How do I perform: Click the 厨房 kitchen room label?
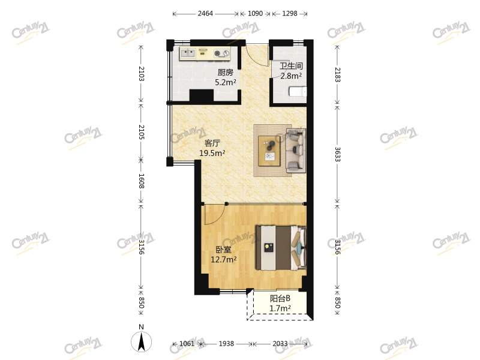[226, 73]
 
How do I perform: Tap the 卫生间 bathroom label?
[291, 66]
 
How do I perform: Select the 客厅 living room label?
[212, 143]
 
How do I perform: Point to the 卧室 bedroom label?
[223, 250]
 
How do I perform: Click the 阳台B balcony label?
[280, 298]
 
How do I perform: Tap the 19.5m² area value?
[212, 153]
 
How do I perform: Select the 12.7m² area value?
[223, 260]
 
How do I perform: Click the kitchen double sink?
[188, 53]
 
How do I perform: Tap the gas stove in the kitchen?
[222, 53]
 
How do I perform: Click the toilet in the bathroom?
[298, 92]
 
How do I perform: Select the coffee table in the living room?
[269, 151]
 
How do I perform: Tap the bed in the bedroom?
[281, 248]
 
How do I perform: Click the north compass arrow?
[142, 341]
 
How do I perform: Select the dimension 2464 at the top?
[205, 13]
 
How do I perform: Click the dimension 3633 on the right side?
[337, 154]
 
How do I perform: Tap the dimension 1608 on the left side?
[141, 181]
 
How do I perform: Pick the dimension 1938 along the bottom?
[226, 344]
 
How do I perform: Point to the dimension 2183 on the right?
[337, 74]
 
